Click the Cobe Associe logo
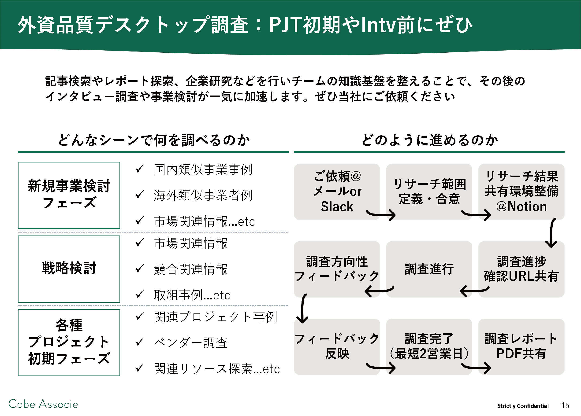[x=43, y=404]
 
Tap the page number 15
[x=565, y=405]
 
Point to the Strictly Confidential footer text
[x=523, y=406]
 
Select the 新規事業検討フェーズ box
[x=69, y=195]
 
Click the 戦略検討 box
[x=69, y=269]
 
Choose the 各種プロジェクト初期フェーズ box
[x=69, y=342]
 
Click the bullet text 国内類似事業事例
[x=203, y=169]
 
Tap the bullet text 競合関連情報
[x=191, y=269]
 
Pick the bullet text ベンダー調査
[x=191, y=343]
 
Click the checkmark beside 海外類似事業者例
[x=140, y=195]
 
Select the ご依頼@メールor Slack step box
[x=337, y=192]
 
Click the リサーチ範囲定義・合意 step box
[x=429, y=192]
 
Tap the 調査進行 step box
[x=429, y=269]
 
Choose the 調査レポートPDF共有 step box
[x=521, y=347]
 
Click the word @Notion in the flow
[x=521, y=206]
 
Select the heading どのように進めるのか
[x=430, y=140]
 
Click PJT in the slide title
[x=285, y=25]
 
